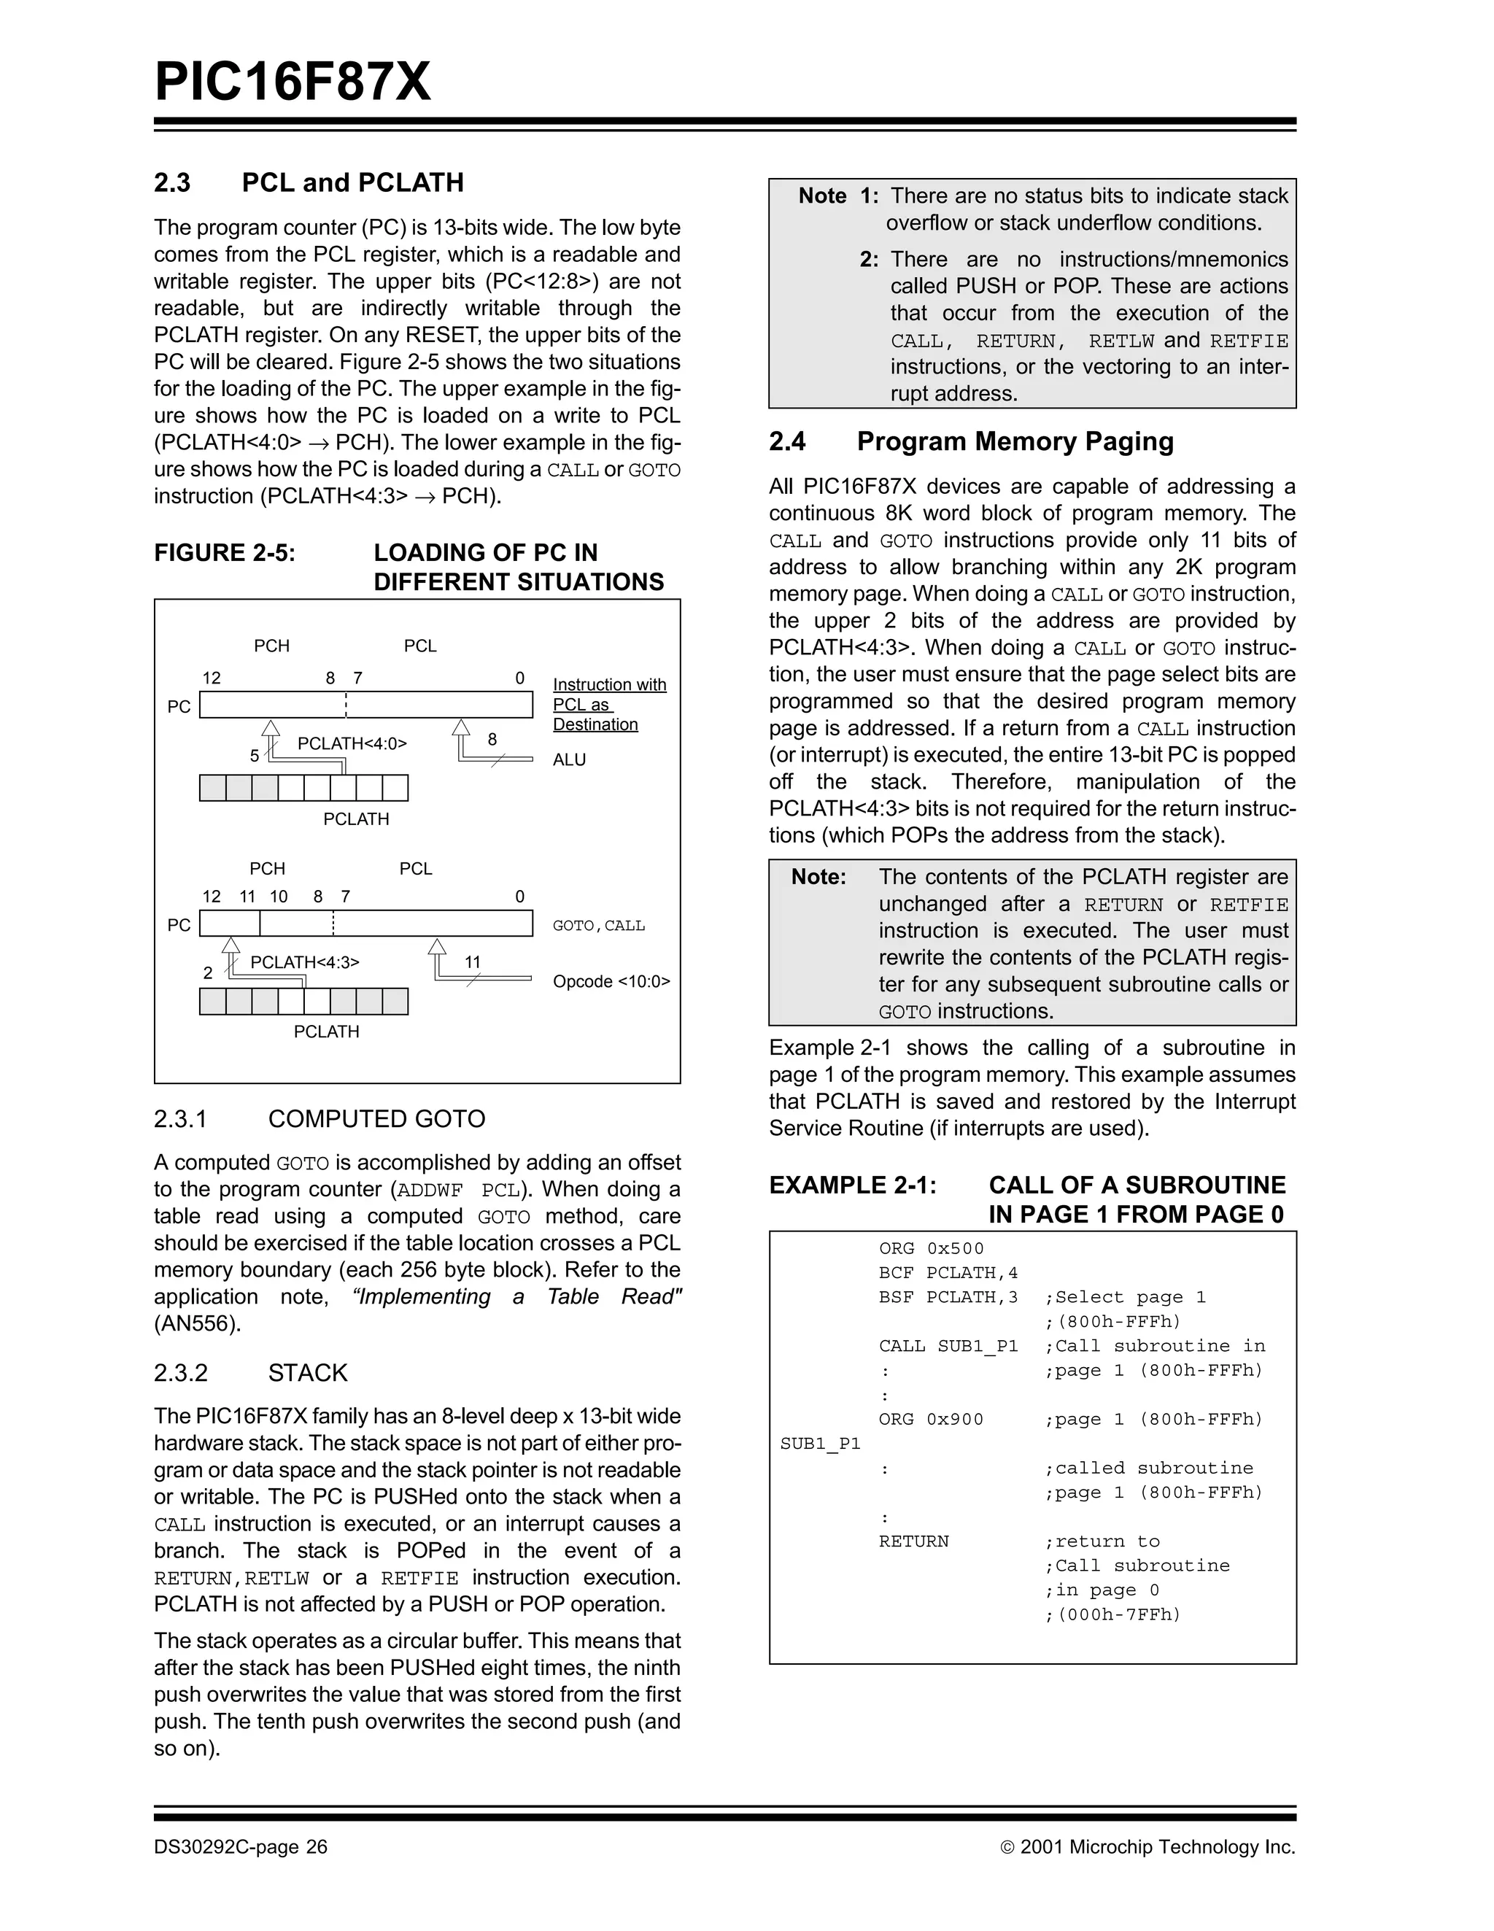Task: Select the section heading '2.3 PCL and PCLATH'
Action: [x=309, y=182]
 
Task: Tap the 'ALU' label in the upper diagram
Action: [x=569, y=759]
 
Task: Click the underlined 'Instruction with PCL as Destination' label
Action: [x=609, y=705]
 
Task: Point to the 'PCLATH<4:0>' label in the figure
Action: [x=352, y=743]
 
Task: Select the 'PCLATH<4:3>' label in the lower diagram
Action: [x=305, y=962]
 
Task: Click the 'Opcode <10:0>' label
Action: [x=611, y=981]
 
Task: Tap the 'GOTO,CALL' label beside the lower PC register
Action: [x=598, y=926]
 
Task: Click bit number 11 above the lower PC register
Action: [x=247, y=897]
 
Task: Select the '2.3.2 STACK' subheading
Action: [x=250, y=1372]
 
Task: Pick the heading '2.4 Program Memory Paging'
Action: [x=971, y=441]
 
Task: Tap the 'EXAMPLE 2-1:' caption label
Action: [x=852, y=1185]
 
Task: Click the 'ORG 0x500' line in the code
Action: [x=931, y=1248]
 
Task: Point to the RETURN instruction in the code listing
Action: [x=913, y=1541]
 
